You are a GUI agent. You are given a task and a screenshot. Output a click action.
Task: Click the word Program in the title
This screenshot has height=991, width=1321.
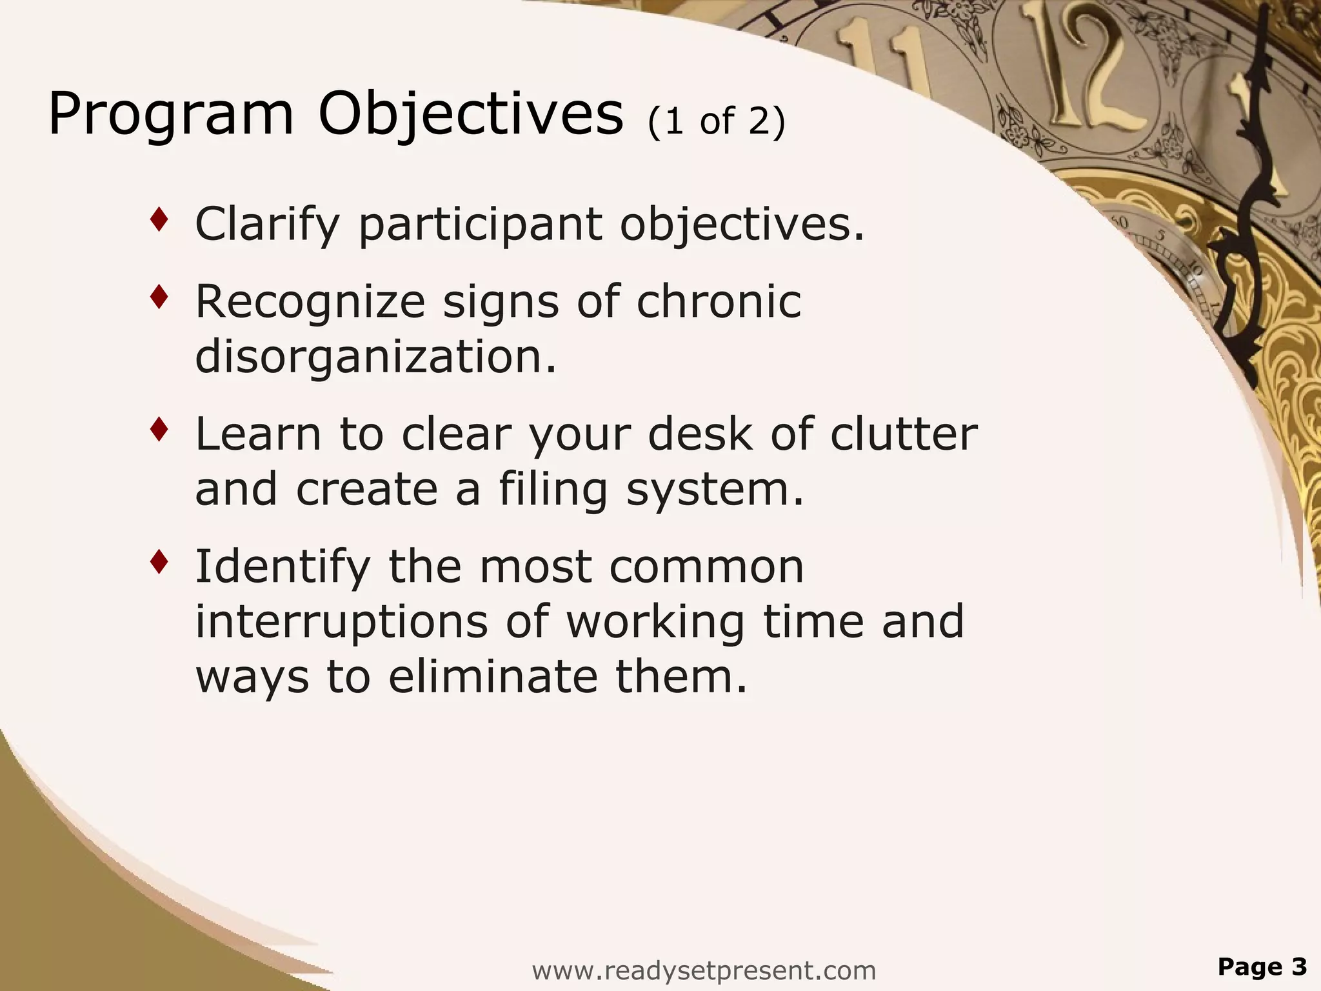171,115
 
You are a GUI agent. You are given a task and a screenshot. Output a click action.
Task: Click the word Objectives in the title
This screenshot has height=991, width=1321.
471,115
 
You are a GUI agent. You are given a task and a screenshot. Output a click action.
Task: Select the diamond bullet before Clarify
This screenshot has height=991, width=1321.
159,221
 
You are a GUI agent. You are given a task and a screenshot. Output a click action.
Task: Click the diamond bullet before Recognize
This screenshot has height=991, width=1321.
159,297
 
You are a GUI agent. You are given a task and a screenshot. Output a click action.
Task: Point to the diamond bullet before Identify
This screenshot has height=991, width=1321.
159,562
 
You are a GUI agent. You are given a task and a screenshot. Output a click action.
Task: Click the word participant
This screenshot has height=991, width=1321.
481,225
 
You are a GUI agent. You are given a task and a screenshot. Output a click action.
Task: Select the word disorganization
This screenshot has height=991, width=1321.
375,356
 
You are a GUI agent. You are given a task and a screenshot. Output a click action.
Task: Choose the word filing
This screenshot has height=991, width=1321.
553,489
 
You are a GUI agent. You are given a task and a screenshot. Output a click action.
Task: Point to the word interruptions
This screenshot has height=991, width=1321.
341,621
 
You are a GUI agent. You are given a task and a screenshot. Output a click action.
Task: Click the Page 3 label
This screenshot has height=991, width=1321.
1262,966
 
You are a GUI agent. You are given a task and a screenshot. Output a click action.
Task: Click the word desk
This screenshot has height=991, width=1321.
700,434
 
